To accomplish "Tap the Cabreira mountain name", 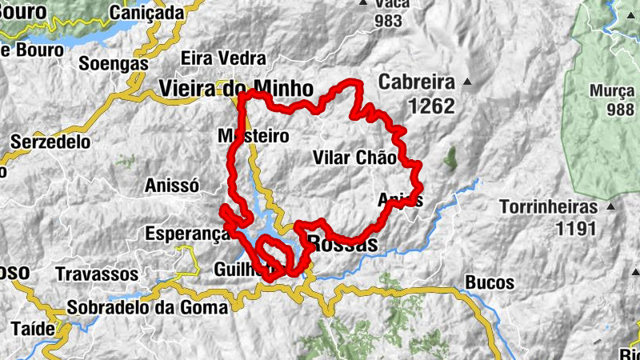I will click(x=417, y=82).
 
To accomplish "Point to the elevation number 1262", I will click(x=430, y=106).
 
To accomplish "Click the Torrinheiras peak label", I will click(x=548, y=207).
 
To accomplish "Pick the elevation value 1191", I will click(x=577, y=229).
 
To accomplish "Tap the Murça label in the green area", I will click(x=613, y=90).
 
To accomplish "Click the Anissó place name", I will click(x=171, y=186).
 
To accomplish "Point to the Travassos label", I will click(x=97, y=274).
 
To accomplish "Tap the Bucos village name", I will click(x=489, y=283).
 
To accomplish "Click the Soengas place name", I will click(x=114, y=62).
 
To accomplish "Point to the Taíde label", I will click(x=34, y=328).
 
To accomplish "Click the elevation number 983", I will click(x=388, y=22).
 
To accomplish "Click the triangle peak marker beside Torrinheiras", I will click(x=613, y=207).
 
